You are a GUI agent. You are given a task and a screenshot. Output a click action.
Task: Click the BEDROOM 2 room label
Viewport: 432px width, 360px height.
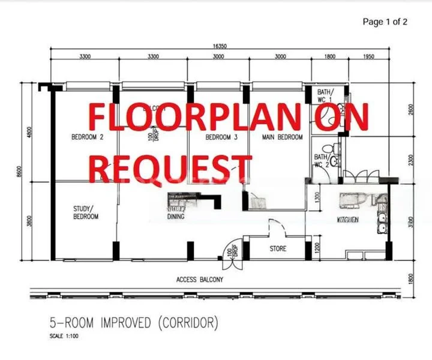coord(88,137)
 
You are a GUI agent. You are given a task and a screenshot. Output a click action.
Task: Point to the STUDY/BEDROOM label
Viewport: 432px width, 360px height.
coord(85,212)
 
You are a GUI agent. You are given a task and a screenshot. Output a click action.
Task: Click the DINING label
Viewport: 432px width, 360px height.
coord(175,217)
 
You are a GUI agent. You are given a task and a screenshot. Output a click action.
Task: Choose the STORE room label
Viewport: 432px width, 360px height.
coord(278,248)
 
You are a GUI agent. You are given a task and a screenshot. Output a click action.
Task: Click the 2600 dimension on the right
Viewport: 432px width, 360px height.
coord(412,112)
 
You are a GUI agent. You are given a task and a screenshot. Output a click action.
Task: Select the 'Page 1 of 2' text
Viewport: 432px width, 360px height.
coord(385,22)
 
